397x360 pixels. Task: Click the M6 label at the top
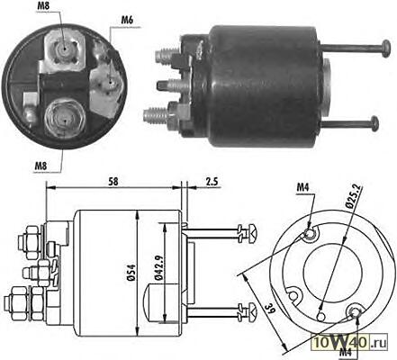click(x=127, y=21)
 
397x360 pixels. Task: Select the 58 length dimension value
click(x=113, y=182)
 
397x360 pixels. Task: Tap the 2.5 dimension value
click(x=212, y=182)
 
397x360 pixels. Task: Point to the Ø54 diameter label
click(x=131, y=273)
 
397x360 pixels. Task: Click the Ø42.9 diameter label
click(x=158, y=267)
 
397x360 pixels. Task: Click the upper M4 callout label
click(x=302, y=187)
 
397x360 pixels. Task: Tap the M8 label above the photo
click(x=43, y=6)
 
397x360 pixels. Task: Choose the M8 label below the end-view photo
click(x=41, y=166)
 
